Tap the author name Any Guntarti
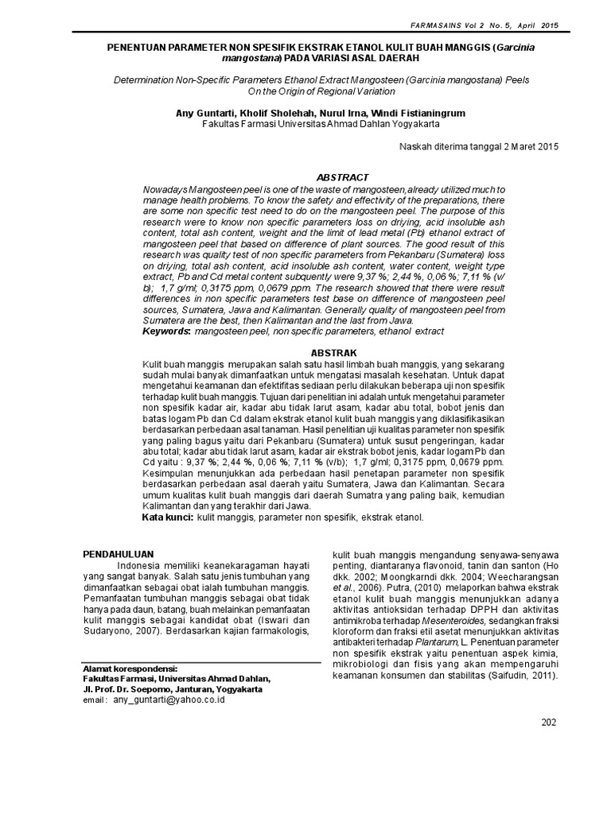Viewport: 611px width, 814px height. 204,114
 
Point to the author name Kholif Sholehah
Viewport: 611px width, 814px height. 274,114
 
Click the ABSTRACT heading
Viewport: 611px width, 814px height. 343,176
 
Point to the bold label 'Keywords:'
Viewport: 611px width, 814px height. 168,330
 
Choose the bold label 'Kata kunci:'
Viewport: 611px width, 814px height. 168,517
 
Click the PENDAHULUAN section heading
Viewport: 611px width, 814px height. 119,553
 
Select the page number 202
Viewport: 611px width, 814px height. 549,722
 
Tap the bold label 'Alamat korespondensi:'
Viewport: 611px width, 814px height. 130,669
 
